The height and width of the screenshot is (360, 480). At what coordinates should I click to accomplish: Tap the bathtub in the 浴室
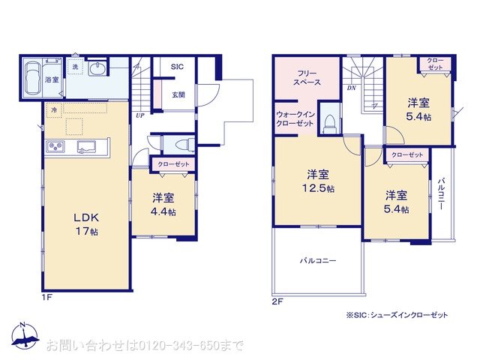click(x=33, y=78)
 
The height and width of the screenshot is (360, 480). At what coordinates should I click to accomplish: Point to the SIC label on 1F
click(x=177, y=67)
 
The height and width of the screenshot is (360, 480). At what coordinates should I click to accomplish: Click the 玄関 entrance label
click(x=178, y=94)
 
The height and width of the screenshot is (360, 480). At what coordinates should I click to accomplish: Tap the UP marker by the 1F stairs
click(x=140, y=115)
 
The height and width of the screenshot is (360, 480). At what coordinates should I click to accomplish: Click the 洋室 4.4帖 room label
click(x=163, y=204)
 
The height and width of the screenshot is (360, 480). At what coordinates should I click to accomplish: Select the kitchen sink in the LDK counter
click(x=85, y=146)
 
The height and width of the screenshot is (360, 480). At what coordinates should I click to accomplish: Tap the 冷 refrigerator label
click(x=54, y=110)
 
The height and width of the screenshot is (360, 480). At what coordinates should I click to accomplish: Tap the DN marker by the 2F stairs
click(x=351, y=88)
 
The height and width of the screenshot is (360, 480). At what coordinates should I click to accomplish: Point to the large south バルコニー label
click(x=318, y=261)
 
